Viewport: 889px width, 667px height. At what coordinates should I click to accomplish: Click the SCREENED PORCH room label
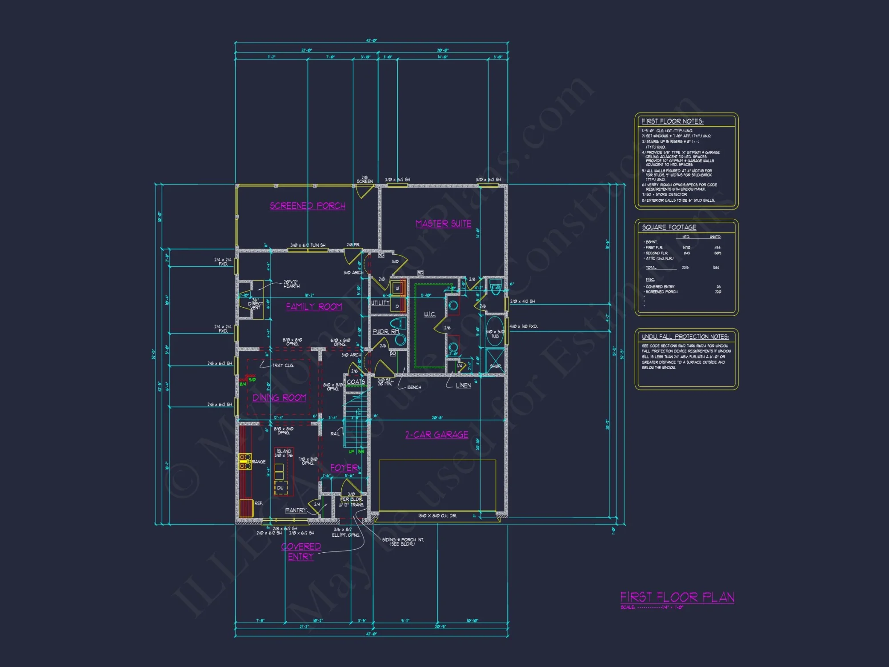pyautogui.click(x=308, y=206)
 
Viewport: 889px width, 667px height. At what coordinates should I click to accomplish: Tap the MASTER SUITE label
pyautogui.click(x=443, y=224)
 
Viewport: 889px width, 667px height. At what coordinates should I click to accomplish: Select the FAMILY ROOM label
pyautogui.click(x=314, y=307)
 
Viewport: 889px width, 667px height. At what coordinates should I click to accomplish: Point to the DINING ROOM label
pyautogui.click(x=279, y=398)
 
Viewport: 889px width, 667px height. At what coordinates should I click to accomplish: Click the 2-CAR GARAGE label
pyautogui.click(x=436, y=434)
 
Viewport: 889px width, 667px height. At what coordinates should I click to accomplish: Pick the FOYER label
pyautogui.click(x=344, y=468)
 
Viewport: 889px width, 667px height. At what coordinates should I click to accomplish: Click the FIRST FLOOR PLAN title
pyautogui.click(x=677, y=597)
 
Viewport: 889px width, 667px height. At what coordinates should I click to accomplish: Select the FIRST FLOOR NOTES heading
pyautogui.click(x=672, y=121)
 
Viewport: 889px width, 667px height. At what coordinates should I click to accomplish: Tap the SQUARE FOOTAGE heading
pyautogui.click(x=669, y=227)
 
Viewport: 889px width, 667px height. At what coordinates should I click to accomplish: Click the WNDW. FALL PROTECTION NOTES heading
pyautogui.click(x=685, y=337)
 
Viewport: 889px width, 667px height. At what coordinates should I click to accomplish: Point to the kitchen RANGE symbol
pyautogui.click(x=245, y=462)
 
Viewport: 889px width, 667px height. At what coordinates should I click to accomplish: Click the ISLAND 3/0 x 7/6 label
pyautogui.click(x=284, y=453)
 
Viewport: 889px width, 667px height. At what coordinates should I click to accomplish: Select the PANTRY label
pyautogui.click(x=296, y=510)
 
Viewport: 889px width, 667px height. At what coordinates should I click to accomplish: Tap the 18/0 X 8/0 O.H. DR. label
pyautogui.click(x=437, y=516)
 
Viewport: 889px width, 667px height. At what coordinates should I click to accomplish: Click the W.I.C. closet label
pyautogui.click(x=429, y=314)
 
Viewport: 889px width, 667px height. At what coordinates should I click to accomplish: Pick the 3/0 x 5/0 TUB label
pyautogui.click(x=495, y=334)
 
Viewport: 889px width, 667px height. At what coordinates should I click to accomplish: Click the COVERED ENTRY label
pyautogui.click(x=301, y=551)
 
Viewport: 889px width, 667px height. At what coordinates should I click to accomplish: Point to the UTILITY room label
pyautogui.click(x=380, y=303)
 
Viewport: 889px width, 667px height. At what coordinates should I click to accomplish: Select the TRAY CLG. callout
pyautogui.click(x=283, y=366)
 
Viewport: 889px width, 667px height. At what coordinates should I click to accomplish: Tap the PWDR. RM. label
pyautogui.click(x=385, y=332)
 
